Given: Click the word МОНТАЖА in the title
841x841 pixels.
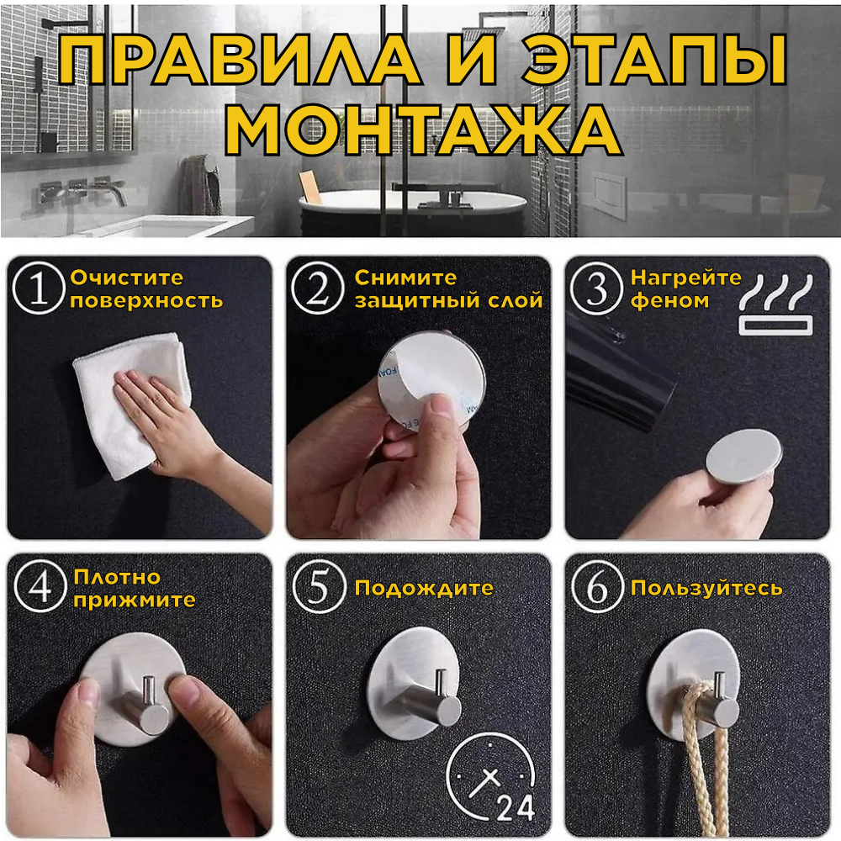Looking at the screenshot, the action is point(424,130).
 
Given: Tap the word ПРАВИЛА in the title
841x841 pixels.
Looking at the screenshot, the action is point(239,60).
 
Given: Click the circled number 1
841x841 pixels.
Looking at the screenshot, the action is point(40,288).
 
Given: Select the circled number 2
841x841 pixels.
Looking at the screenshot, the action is point(318,288).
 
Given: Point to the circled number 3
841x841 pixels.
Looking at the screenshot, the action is point(596,288).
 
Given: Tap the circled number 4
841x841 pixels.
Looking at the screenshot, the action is point(40,585).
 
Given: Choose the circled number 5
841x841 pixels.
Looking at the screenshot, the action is point(319,586).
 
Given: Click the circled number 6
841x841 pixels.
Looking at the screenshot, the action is point(597,587).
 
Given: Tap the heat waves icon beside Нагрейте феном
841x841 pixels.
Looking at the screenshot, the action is point(775,304).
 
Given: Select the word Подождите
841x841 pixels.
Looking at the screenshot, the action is point(424,589).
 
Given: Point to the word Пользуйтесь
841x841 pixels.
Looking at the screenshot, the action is point(706,589).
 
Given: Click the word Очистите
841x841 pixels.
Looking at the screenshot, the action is point(127,278).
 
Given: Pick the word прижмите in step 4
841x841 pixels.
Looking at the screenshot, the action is point(134,600).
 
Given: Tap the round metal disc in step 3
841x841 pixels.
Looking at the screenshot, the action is point(743,456).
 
